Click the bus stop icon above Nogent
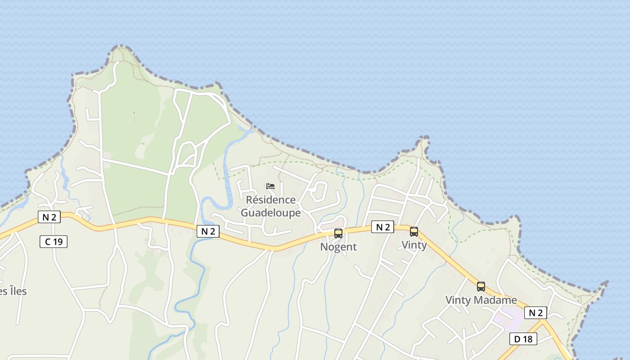[338, 233]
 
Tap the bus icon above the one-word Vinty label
[414, 232]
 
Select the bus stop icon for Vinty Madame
[481, 286]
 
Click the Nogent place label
[338, 247]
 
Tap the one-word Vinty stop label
[414, 245]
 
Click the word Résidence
[271, 200]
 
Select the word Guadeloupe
[271, 212]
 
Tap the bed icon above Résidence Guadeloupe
[270, 186]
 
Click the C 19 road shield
[54, 242]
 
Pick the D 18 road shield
[523, 339]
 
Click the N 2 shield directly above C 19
[49, 217]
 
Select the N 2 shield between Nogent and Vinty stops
[382, 227]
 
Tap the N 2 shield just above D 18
[535, 313]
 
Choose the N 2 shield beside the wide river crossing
[208, 231]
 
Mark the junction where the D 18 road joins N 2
[544, 321]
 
